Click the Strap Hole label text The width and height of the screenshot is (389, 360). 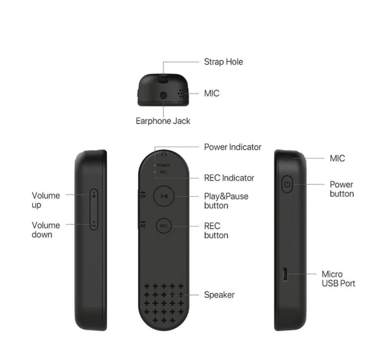click(x=223, y=62)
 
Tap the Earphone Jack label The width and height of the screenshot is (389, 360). click(x=163, y=121)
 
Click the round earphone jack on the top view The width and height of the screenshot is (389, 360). click(x=163, y=95)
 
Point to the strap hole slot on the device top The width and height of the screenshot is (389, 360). click(x=163, y=81)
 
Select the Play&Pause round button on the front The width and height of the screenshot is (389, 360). click(x=164, y=196)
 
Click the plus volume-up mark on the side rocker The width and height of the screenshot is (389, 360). click(x=94, y=196)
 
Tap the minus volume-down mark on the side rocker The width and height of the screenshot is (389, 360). click(x=94, y=226)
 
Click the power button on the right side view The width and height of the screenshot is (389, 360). click(x=287, y=184)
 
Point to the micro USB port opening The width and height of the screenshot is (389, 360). click(x=285, y=274)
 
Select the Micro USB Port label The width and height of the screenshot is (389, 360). click(x=338, y=279)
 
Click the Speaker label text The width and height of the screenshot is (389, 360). click(x=219, y=295)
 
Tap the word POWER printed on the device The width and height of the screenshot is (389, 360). click(x=164, y=165)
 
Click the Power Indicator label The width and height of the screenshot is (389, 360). click(x=233, y=147)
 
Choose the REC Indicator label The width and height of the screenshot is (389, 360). click(x=229, y=178)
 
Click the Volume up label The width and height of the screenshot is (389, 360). click(x=46, y=200)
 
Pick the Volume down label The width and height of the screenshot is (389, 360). click(x=46, y=230)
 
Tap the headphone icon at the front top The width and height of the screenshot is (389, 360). click(x=164, y=154)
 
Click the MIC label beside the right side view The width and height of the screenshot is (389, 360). click(x=337, y=158)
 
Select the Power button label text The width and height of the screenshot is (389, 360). click(x=342, y=189)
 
